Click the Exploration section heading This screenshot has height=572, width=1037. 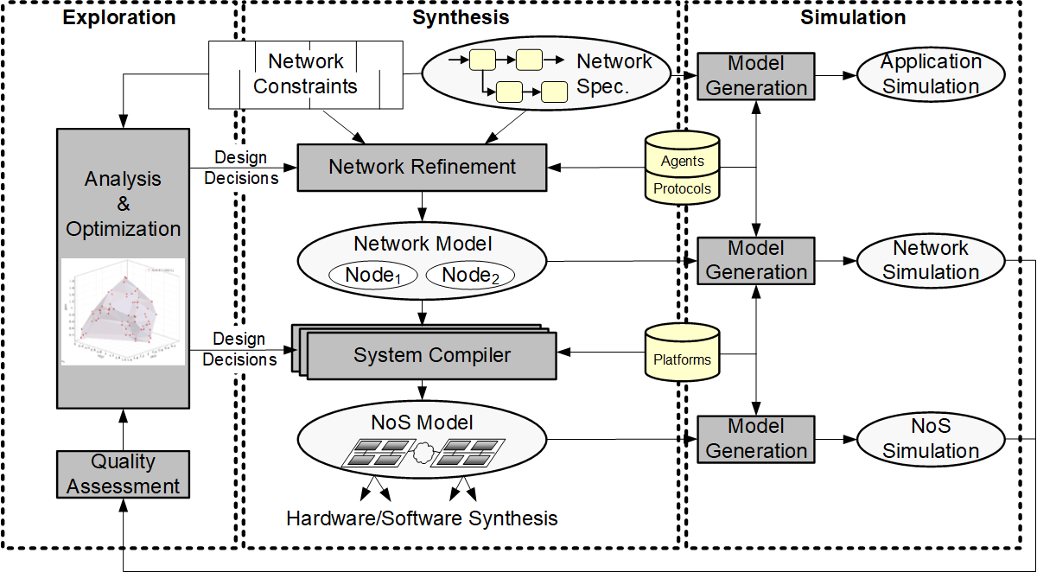pyautogui.click(x=119, y=17)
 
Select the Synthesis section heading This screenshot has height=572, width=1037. pyautogui.click(x=461, y=17)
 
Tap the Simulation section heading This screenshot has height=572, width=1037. pyautogui.click(x=853, y=17)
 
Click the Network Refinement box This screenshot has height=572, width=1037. pyautogui.click(x=422, y=167)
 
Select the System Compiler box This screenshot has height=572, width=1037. pyautogui.click(x=432, y=355)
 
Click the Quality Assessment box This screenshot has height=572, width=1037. pyautogui.click(x=123, y=474)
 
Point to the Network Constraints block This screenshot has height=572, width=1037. pyautogui.click(x=305, y=74)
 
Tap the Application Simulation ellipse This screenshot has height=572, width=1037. pyautogui.click(x=931, y=74)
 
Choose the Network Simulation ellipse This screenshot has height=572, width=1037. pyautogui.click(x=931, y=260)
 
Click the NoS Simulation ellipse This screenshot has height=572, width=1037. pyautogui.click(x=931, y=439)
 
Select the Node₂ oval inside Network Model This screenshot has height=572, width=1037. pyautogui.click(x=470, y=276)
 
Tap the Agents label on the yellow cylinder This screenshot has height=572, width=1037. pyautogui.click(x=682, y=161)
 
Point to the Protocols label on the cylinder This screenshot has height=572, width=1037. pyautogui.click(x=682, y=188)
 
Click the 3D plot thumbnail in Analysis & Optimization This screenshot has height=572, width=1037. pyautogui.click(x=123, y=311)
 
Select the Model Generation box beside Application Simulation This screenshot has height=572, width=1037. pyautogui.click(x=755, y=75)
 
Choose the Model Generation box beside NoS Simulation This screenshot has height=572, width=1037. pyautogui.click(x=755, y=439)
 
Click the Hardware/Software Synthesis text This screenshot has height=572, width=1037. pyautogui.click(x=422, y=518)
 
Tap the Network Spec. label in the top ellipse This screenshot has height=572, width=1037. pyautogui.click(x=614, y=74)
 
